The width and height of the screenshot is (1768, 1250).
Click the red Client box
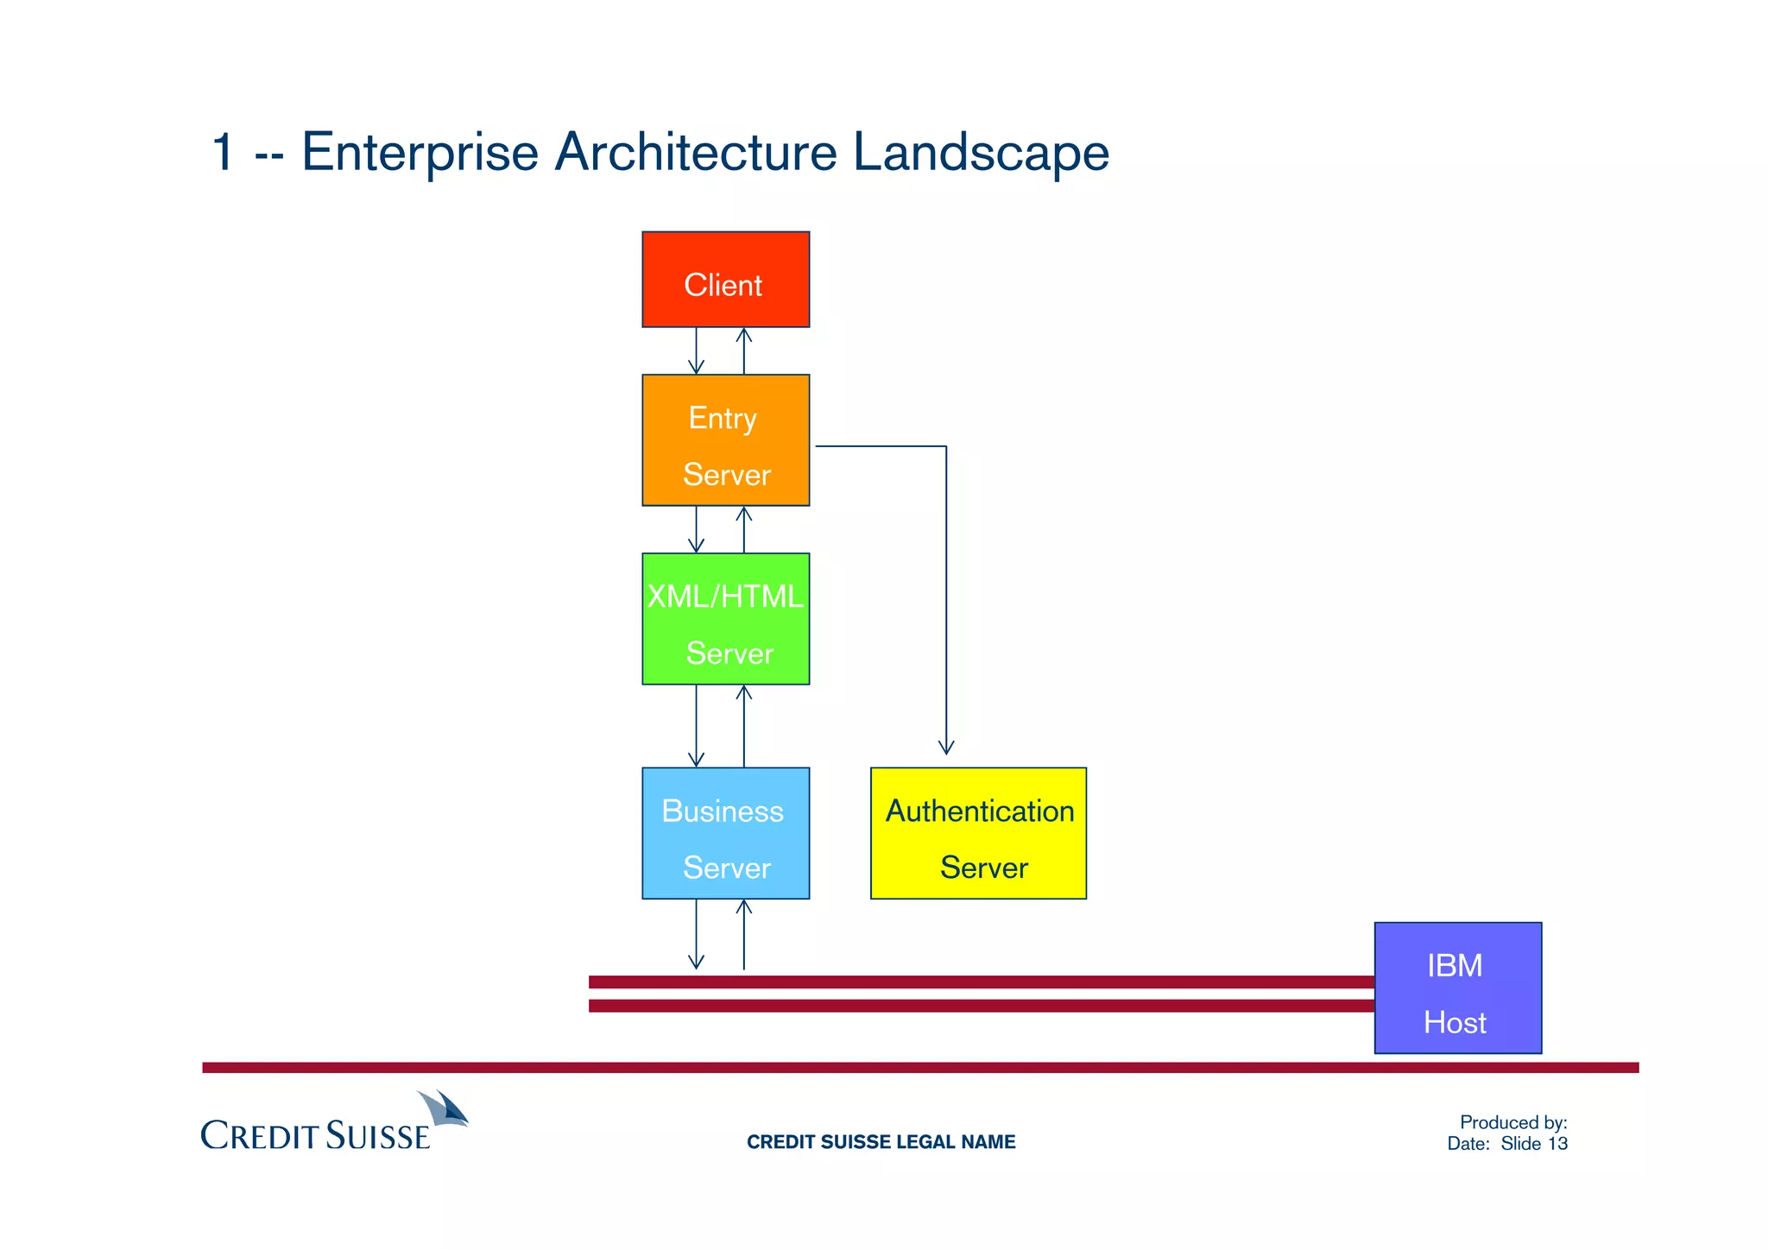[x=725, y=280]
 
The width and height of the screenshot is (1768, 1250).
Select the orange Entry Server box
[x=725, y=440]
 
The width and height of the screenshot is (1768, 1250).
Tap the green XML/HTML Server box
[x=725, y=619]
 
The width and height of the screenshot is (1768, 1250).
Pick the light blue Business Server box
[x=725, y=833]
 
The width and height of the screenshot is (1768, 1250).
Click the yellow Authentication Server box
[x=978, y=833]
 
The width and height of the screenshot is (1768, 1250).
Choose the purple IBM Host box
[x=1457, y=988]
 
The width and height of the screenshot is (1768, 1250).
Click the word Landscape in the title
[x=981, y=153]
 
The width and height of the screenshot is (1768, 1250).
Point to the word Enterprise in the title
[x=420, y=153]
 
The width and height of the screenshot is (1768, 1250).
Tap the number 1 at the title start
[x=223, y=153]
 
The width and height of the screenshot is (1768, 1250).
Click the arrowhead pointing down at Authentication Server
[x=946, y=748]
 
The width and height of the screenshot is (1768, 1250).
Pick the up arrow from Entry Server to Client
[x=743, y=350]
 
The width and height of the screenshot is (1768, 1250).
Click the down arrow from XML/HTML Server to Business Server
[x=696, y=726]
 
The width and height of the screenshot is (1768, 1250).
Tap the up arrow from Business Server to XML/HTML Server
[x=743, y=725]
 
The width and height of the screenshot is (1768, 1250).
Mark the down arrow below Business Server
[x=696, y=935]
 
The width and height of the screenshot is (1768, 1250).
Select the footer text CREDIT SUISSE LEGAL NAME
[x=881, y=1142]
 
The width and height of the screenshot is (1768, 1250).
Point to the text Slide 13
[x=1534, y=1144]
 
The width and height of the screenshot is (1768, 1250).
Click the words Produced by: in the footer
[x=1512, y=1122]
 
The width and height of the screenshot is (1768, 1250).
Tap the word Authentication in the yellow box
[x=980, y=811]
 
